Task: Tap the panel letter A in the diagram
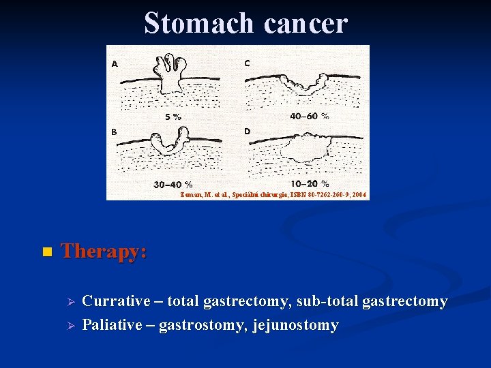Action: coord(115,63)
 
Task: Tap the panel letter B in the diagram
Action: coord(115,132)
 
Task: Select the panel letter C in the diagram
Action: coord(247,63)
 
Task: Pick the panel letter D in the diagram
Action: coord(247,131)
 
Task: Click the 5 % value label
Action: coord(173,117)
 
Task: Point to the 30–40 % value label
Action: coord(173,185)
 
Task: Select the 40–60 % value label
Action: coord(309,116)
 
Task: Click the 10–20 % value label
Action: coord(309,184)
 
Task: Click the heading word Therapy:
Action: coord(104,251)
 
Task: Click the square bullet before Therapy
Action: coord(46,253)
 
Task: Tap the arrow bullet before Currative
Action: coord(67,302)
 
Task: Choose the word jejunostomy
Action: coord(295,325)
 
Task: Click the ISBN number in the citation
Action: coord(327,195)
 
